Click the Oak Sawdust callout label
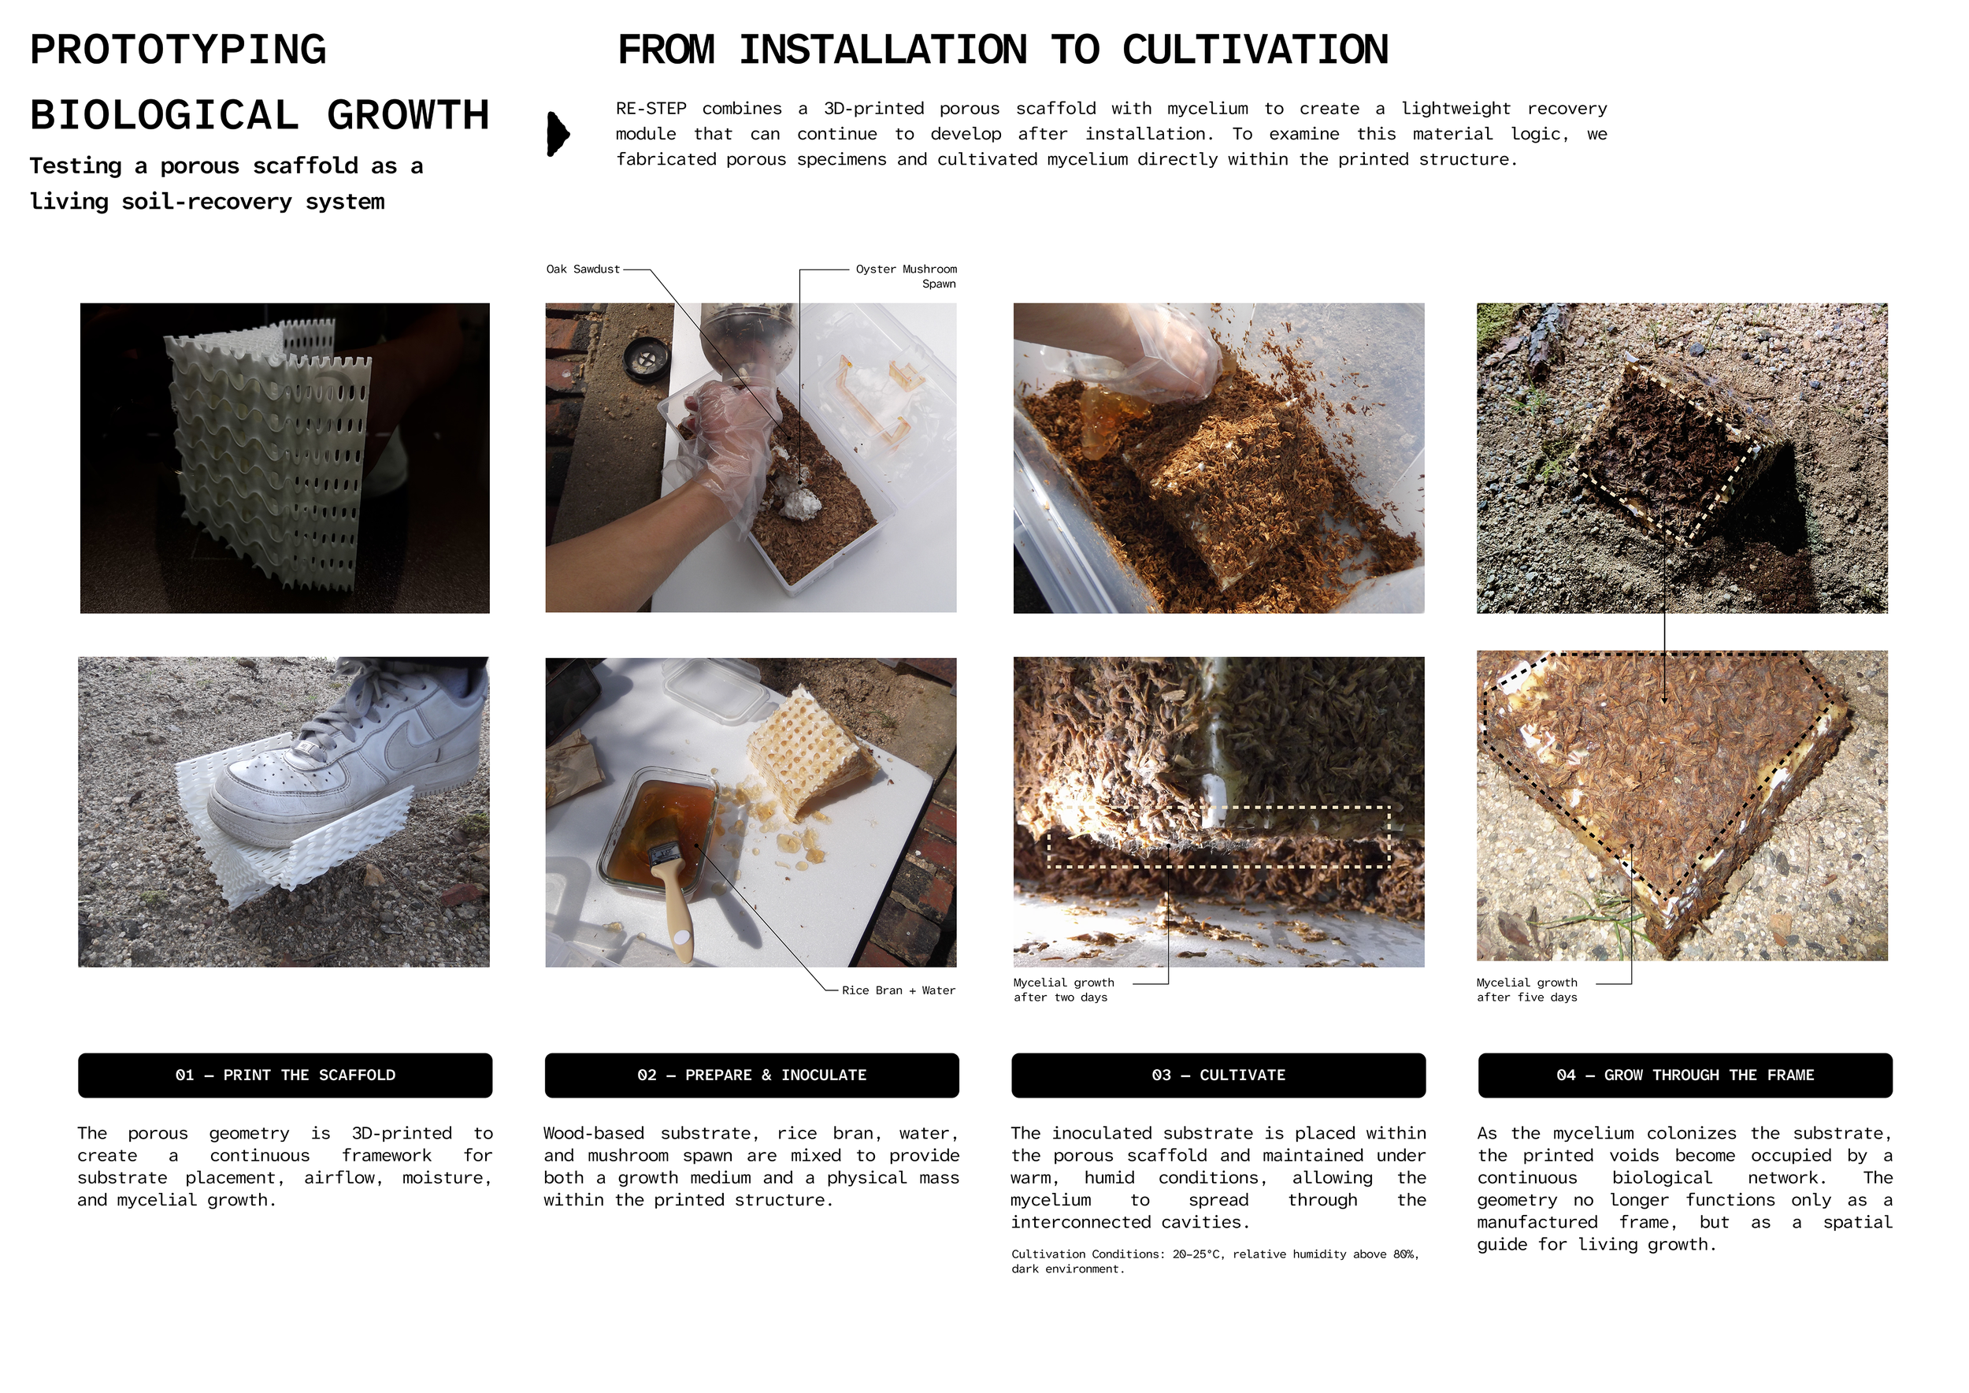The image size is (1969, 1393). (582, 269)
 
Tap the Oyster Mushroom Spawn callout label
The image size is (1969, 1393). (907, 277)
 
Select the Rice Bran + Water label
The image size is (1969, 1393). (898, 990)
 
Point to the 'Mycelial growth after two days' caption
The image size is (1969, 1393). (1063, 990)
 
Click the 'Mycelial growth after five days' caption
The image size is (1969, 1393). (1526, 990)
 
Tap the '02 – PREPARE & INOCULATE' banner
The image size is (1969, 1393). (751, 1075)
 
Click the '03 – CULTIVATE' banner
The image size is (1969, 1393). (1218, 1075)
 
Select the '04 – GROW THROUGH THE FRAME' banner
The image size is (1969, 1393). (1685, 1075)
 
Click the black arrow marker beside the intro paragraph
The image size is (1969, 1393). (558, 134)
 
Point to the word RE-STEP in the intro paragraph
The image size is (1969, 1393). (651, 109)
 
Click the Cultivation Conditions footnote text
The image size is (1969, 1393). (1215, 1261)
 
